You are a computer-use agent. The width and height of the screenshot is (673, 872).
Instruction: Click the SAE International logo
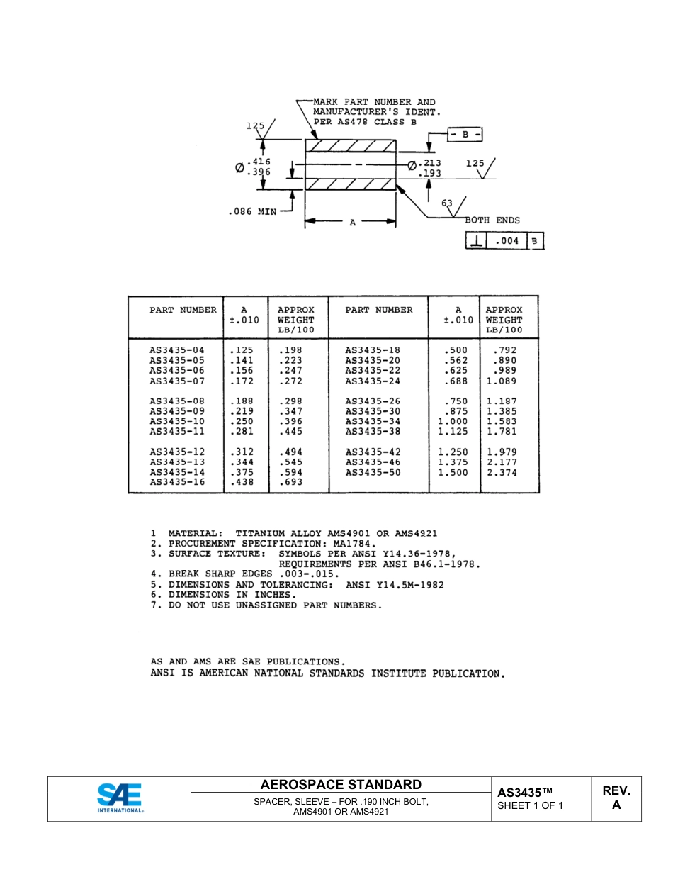(119, 798)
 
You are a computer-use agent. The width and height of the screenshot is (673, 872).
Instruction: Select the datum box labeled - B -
(465, 134)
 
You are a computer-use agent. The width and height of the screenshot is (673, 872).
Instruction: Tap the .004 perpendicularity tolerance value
(507, 241)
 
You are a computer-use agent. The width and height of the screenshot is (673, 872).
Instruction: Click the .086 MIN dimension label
(253, 211)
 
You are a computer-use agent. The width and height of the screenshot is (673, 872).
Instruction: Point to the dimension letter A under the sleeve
(352, 222)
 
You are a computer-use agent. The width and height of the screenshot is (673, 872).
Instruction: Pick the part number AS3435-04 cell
(176, 350)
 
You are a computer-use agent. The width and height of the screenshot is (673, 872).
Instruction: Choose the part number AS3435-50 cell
(373, 472)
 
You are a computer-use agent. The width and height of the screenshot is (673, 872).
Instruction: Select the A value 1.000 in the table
(453, 421)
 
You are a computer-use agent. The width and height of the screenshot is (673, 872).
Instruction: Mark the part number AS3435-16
(176, 482)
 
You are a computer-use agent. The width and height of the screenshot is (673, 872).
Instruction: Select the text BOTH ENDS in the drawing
(492, 220)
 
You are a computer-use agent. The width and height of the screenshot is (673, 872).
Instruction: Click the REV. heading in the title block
(616, 791)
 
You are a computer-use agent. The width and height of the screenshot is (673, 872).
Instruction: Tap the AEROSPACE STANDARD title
(341, 785)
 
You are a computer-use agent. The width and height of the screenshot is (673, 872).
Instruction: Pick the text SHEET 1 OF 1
(530, 805)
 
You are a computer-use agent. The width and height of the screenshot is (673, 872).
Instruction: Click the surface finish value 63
(447, 203)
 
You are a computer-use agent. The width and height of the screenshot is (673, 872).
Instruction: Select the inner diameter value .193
(430, 173)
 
